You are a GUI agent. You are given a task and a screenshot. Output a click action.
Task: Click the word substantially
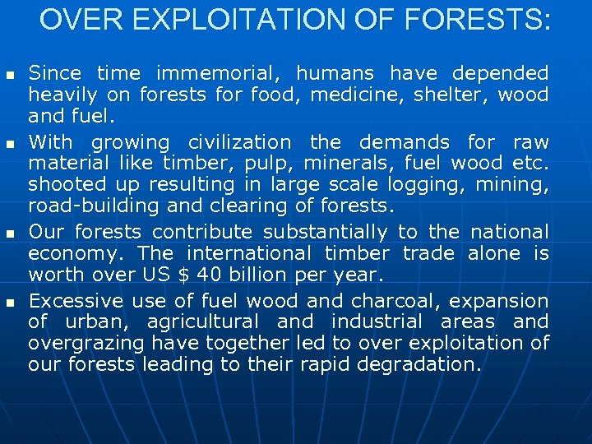coord(331,233)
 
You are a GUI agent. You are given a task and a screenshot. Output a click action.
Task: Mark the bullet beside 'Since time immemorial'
coord(11,76)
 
